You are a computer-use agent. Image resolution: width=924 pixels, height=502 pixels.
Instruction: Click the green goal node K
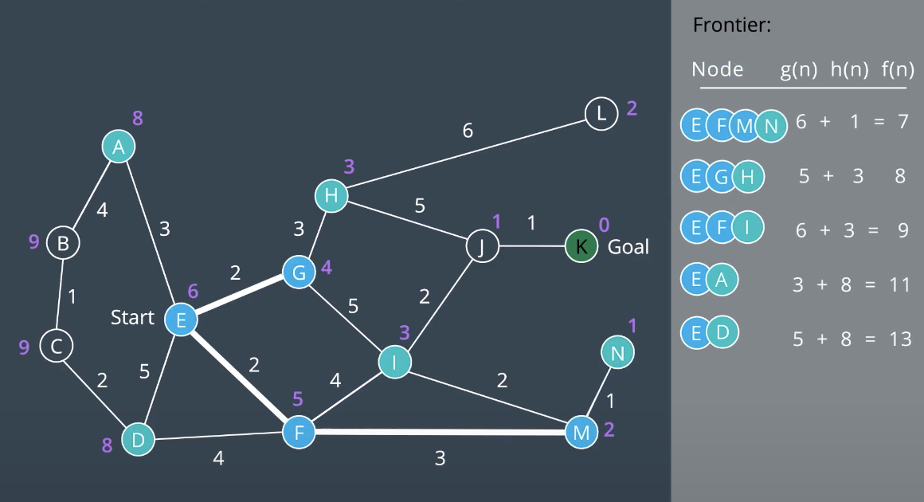click(581, 246)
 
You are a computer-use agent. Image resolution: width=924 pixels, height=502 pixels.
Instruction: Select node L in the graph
click(601, 114)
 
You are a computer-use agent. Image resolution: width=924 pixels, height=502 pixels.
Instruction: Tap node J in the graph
click(482, 246)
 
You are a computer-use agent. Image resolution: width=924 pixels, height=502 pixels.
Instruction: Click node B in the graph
click(63, 242)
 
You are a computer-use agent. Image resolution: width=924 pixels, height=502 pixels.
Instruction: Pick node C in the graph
click(57, 347)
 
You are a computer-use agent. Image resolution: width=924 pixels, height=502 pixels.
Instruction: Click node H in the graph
click(331, 196)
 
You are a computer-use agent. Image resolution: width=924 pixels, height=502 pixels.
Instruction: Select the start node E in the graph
click(181, 320)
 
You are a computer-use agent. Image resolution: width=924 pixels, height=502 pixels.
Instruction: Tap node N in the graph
click(617, 352)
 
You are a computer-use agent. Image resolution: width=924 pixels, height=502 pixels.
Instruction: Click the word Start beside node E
click(132, 318)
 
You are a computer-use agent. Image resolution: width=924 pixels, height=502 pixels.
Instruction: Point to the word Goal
click(628, 247)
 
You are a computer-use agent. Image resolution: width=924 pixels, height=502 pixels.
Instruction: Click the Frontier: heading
click(732, 25)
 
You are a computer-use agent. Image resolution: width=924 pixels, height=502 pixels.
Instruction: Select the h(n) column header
click(849, 70)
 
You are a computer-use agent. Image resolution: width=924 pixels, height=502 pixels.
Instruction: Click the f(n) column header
click(898, 70)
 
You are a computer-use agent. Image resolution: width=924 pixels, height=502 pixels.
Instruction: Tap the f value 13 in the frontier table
click(900, 339)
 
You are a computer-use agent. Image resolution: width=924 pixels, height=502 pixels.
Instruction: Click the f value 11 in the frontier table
click(899, 284)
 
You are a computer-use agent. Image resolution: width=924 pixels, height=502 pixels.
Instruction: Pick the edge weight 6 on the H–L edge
click(468, 130)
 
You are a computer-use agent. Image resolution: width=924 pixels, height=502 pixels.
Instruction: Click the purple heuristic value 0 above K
click(604, 225)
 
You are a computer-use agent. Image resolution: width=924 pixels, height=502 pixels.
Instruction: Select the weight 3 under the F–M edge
click(440, 458)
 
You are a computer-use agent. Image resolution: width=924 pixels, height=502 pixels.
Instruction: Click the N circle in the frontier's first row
click(771, 125)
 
